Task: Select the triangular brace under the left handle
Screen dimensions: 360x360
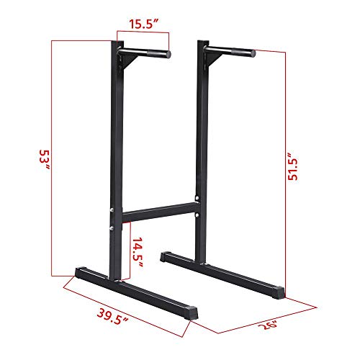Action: (x=125, y=64)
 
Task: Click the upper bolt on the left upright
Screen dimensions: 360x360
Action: (x=112, y=212)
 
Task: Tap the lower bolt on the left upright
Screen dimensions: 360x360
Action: (x=112, y=228)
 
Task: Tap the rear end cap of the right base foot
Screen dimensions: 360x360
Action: (x=165, y=255)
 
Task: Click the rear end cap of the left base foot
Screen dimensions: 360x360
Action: (x=78, y=273)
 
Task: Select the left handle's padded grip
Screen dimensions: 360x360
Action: (x=148, y=53)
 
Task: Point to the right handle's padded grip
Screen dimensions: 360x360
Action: (x=232, y=52)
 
